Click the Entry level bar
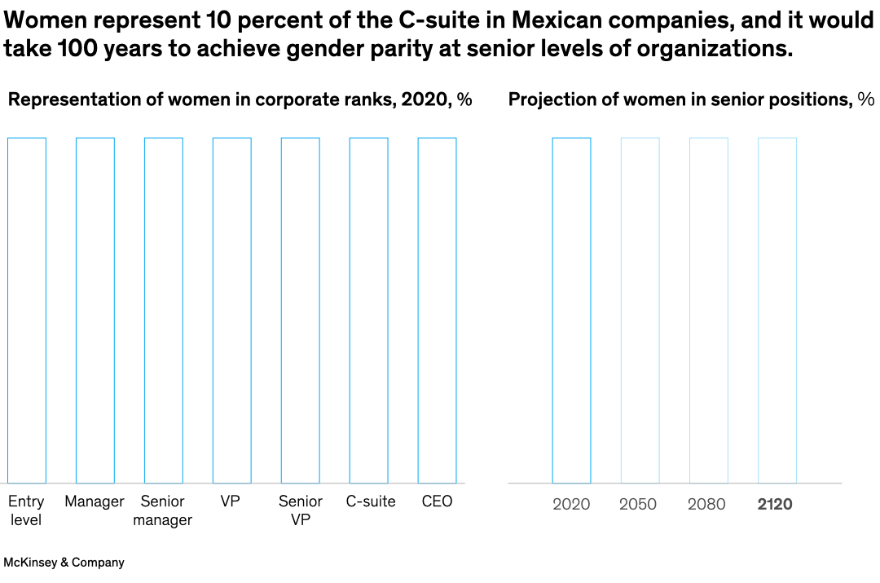27,310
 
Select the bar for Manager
95,310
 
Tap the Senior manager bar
164,310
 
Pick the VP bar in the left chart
232,310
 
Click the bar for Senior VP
301,310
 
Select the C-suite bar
369,310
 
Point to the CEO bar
438,310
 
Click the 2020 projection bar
571,310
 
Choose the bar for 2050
640,310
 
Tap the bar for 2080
709,310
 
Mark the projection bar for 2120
777,310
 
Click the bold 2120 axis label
775,505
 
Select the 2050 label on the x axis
638,505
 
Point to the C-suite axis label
371,501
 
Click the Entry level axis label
27,510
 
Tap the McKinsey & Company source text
64,563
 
